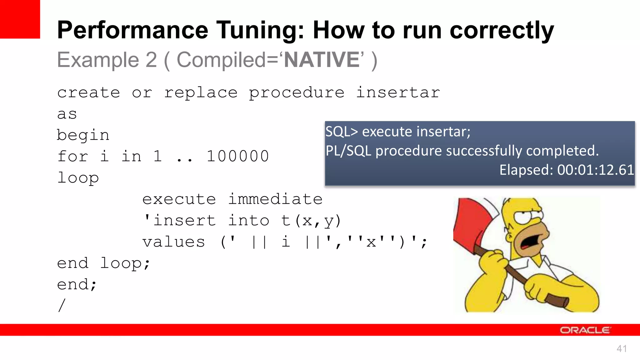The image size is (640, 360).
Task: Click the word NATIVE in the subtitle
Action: tap(322, 60)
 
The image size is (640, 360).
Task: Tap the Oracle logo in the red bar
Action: tap(585, 330)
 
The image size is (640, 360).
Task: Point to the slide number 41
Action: tap(622, 349)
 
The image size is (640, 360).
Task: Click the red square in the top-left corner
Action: tap(20, 19)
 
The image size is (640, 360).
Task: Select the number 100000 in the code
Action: tap(237, 156)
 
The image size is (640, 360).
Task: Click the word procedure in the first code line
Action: tap(296, 93)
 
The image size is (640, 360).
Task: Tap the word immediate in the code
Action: tap(275, 199)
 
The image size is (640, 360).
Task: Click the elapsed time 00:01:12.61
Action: tap(596, 170)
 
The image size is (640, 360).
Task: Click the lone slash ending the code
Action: tap(62, 305)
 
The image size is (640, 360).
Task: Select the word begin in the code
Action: tap(83, 135)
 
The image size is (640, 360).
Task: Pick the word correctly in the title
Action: tap(502, 30)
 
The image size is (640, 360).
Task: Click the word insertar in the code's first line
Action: tap(398, 93)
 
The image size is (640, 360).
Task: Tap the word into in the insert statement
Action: tap(249, 221)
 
